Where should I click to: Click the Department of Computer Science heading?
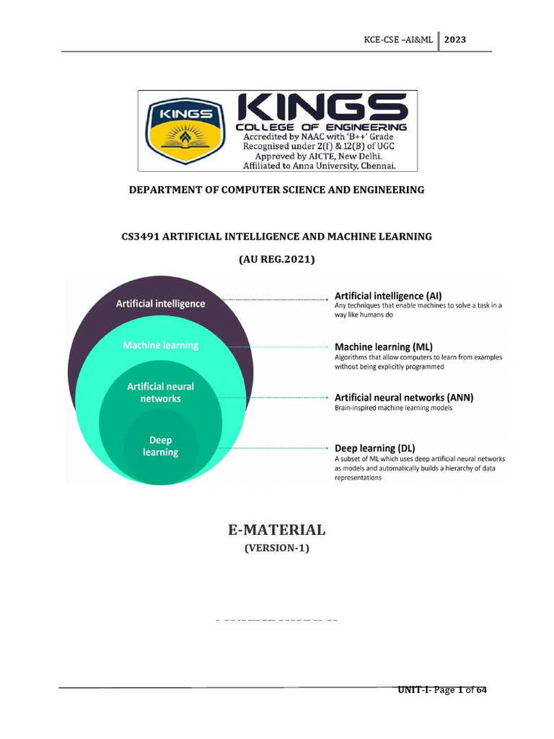pos(276,190)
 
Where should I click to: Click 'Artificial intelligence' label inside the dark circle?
pos(161,304)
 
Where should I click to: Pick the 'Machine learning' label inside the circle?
pos(160,345)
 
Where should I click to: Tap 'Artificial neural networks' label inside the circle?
pos(160,392)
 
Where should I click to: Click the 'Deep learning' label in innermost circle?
pos(160,446)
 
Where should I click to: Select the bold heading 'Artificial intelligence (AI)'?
pos(388,296)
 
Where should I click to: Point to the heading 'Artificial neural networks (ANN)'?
pos(404,397)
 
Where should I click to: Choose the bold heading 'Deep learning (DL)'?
pos(374,448)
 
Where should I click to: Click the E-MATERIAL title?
pos(277,530)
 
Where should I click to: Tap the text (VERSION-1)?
pos(277,548)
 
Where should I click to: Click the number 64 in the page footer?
pos(481,691)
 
